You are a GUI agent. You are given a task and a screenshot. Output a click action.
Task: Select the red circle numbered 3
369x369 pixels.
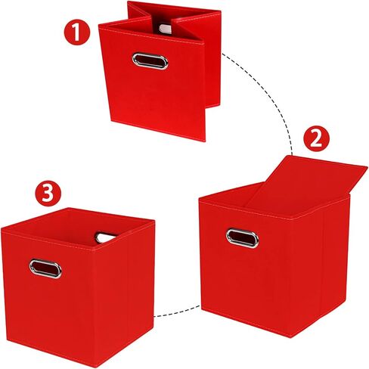[48, 194]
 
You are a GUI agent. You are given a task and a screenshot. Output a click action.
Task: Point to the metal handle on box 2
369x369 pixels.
[242, 237]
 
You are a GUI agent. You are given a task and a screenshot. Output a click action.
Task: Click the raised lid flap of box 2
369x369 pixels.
[302, 181]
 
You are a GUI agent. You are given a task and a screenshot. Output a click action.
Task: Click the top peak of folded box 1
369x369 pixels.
[129, 4]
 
